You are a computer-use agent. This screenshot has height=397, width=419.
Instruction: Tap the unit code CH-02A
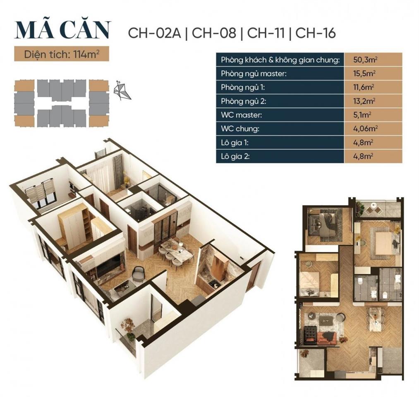(155, 33)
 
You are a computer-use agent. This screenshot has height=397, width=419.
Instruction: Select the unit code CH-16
(316, 33)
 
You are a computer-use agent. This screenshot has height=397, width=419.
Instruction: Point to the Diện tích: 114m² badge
(62, 54)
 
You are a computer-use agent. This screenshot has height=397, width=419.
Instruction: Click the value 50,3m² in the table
(363, 60)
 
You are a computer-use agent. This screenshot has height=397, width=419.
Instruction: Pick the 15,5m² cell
(363, 74)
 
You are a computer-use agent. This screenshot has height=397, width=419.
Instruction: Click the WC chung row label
(240, 129)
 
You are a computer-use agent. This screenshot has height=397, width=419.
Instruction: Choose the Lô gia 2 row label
(236, 156)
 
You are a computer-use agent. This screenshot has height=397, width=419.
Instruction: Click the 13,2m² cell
(363, 101)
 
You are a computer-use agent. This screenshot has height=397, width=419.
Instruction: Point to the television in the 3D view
(108, 265)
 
